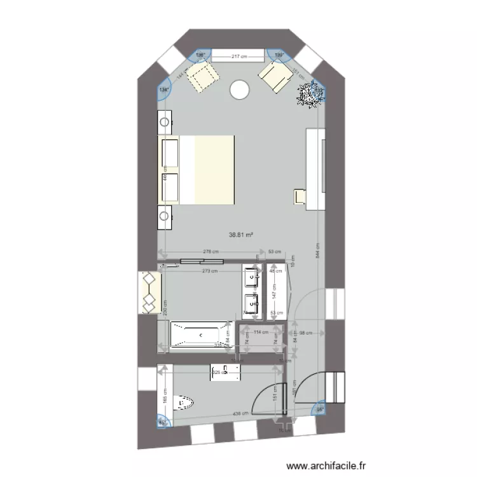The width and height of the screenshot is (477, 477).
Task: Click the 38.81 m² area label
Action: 240,235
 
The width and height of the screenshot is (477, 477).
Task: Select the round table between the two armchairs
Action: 239,90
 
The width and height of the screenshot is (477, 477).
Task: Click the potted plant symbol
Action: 312,94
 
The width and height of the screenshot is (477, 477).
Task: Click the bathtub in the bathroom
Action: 199,335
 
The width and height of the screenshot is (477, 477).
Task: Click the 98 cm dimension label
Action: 307,331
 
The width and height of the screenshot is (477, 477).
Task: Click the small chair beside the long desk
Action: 299,196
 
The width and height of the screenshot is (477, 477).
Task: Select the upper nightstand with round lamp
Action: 165,120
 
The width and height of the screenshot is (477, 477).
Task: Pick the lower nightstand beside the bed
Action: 165,216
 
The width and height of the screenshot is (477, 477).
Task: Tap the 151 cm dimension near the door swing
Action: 274,396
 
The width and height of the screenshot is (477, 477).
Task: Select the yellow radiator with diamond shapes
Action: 149,292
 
